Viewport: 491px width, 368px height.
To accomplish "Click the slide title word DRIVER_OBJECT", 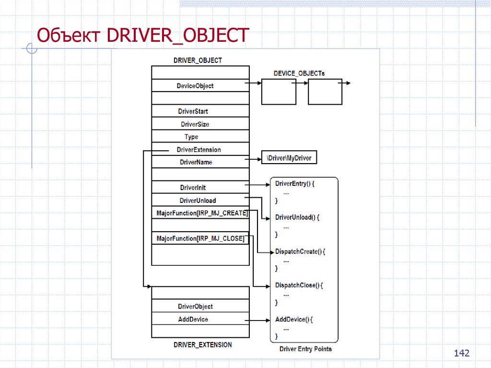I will [x=178, y=35].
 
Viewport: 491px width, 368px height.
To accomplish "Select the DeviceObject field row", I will [x=195, y=86].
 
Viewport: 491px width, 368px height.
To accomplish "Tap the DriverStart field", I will [x=193, y=111].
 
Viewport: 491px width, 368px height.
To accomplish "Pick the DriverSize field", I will [x=195, y=124].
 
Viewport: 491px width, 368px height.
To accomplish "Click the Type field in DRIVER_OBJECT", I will [x=191, y=137].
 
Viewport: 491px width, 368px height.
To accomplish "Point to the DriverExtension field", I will [x=199, y=150].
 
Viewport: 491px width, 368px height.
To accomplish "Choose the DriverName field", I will [x=196, y=162].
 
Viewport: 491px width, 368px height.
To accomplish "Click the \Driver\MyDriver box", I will [x=289, y=158].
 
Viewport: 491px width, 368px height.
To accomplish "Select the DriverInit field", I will [x=193, y=188].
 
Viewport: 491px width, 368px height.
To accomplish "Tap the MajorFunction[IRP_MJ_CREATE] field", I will [x=202, y=213].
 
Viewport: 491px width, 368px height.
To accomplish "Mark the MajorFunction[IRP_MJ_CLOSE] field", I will [x=200, y=238].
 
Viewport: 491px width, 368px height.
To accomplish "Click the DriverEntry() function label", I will [x=294, y=184].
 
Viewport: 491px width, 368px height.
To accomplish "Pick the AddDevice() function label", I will [x=293, y=319].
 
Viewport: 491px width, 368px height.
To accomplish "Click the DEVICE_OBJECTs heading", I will [x=299, y=73].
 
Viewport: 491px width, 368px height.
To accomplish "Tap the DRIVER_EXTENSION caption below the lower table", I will [x=202, y=344].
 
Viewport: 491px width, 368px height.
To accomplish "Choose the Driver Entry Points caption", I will [x=305, y=349].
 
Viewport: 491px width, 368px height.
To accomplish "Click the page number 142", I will [x=461, y=353].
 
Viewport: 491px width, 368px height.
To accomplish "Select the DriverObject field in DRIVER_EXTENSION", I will [x=195, y=307].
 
